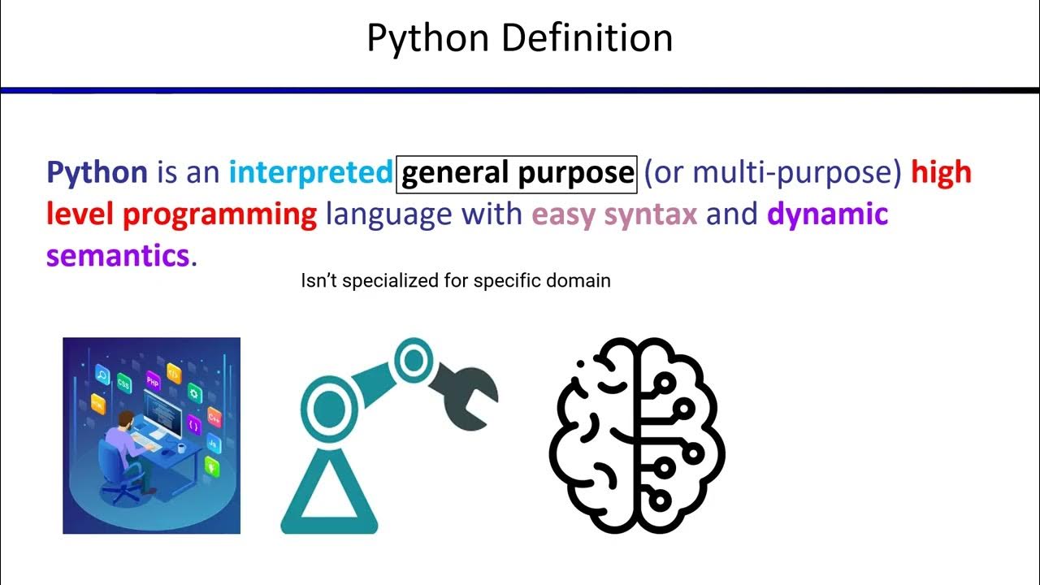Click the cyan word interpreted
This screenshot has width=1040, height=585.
point(310,172)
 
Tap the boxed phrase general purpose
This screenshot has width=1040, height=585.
point(517,172)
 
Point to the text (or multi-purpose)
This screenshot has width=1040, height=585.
point(773,172)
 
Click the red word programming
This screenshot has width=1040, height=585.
point(219,214)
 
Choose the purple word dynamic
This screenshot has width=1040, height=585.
point(827,214)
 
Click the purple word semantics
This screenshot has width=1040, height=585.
point(118,256)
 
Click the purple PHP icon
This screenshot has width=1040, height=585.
point(152,380)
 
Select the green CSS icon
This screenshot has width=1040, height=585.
point(124,383)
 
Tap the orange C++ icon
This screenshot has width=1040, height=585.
point(214,417)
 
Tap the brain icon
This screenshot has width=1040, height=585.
point(638,435)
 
